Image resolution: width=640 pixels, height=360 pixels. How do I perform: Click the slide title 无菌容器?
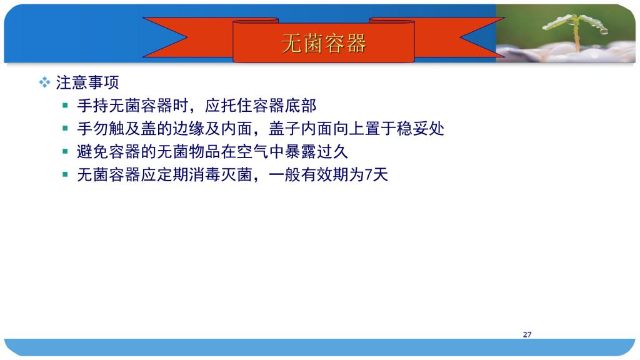tap(324, 43)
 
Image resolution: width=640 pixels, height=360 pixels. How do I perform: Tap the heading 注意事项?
tap(87, 83)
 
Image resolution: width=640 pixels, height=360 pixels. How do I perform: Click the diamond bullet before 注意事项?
tap(44, 82)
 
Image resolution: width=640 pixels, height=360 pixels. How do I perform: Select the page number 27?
tap(527, 334)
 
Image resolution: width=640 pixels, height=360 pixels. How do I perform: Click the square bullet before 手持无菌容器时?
tap(65, 106)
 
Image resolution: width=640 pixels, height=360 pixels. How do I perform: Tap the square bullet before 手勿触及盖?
tap(65, 129)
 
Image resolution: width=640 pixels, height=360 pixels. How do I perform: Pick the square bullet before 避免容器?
tap(65, 151)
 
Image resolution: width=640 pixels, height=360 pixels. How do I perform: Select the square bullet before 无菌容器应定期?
tap(65, 175)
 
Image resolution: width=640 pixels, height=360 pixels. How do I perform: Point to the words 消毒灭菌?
tap(221, 175)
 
